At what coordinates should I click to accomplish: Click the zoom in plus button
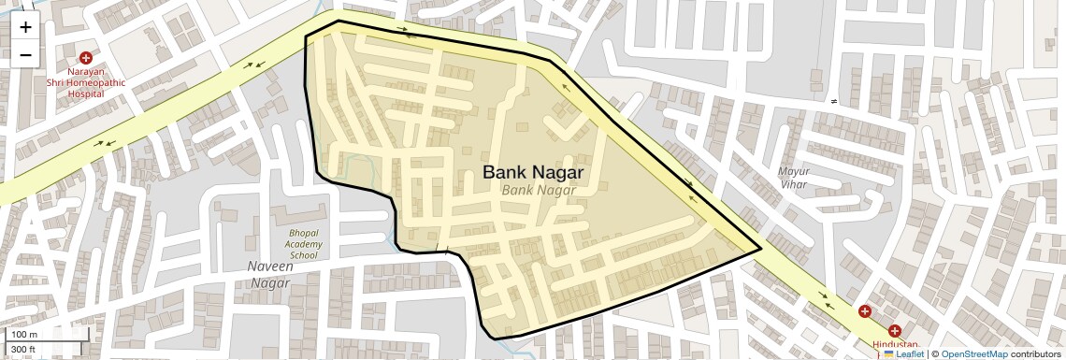coord(25,27)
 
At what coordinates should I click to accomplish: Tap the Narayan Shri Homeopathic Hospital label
coord(85,82)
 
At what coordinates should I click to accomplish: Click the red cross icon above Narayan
coord(85,58)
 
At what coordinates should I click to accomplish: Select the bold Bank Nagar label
coord(533,173)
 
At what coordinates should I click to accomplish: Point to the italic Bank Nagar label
coord(538,190)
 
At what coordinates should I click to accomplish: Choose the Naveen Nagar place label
coord(270,275)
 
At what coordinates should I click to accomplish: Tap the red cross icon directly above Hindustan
coord(895,331)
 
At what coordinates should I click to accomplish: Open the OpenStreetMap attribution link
coord(973,354)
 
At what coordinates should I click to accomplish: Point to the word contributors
coord(1036,354)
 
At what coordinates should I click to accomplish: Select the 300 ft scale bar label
coord(23,350)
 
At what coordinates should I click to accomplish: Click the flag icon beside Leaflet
coord(888,354)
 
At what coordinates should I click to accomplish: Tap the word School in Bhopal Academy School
coord(305,254)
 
